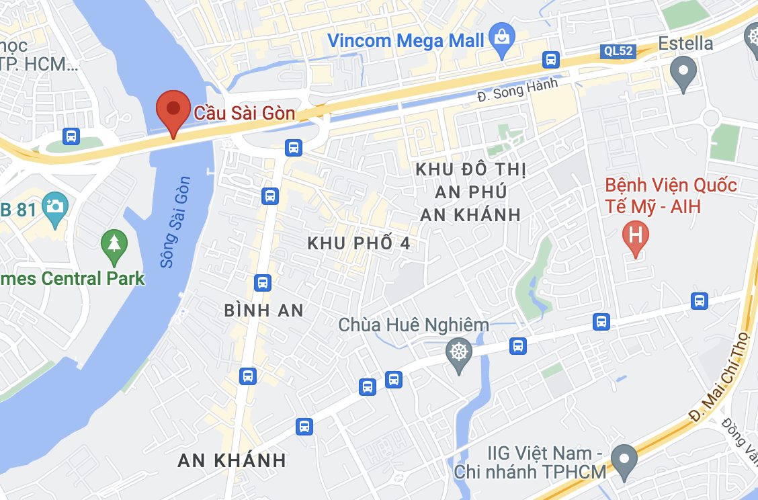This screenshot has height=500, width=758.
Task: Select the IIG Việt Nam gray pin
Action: click(x=626, y=462)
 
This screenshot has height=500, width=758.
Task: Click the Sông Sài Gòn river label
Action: click(x=175, y=222)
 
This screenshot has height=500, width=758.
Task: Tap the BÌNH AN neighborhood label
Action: click(x=264, y=310)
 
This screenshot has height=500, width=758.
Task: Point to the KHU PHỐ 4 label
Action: click(x=359, y=243)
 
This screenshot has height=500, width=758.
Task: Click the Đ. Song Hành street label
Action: click(x=517, y=91)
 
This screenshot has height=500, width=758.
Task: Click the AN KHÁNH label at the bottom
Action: click(x=232, y=460)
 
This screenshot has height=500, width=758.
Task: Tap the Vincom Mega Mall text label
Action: click(x=406, y=40)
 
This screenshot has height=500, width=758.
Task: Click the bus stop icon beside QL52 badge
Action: click(x=551, y=60)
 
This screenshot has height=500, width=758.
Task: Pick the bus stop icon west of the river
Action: click(x=71, y=136)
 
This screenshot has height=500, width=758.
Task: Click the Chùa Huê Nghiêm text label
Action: click(x=413, y=325)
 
